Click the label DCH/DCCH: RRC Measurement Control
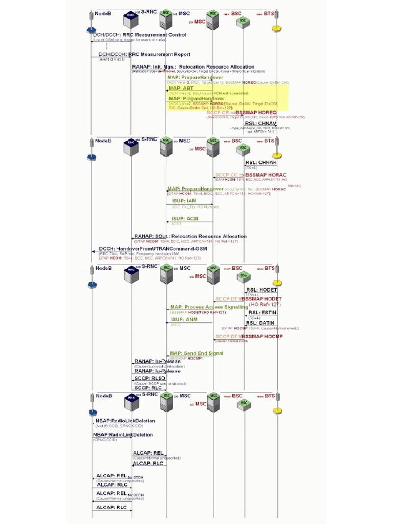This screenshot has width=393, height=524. [139, 35]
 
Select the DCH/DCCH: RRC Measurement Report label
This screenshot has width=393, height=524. [144, 54]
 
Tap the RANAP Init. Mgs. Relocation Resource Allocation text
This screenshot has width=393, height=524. [193, 67]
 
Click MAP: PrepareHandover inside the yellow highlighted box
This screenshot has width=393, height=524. [196, 98]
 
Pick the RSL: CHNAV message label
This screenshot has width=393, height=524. [260, 123]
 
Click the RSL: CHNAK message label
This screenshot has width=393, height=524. [261, 163]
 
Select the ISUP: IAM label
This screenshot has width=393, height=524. [184, 201]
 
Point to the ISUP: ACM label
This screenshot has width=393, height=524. [185, 219]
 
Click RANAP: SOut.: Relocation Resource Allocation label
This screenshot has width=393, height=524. [190, 236]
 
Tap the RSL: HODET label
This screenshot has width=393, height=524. [261, 290]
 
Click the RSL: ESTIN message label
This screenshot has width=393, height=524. [261, 312]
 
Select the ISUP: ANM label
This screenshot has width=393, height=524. [184, 319]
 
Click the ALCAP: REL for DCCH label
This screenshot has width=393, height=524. [115, 494]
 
